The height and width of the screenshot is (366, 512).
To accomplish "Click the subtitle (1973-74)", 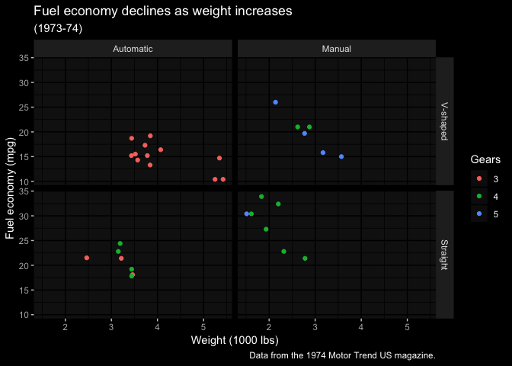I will pos(58,28).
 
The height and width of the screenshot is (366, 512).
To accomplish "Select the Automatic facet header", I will pos(133,49).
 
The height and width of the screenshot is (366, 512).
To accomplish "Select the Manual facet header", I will pos(336,49).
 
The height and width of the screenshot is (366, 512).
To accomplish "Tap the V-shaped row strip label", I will pos(444,121).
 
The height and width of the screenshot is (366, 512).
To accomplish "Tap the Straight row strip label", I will pos(444,255).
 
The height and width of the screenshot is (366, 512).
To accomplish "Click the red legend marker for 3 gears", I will pos(478,179).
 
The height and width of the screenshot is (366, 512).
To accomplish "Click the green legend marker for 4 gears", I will pos(478,197).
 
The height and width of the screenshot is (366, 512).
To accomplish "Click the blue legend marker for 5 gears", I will pos(478,214).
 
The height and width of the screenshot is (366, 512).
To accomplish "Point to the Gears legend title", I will pos(485,160).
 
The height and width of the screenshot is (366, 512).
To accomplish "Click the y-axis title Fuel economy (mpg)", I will pos(11,187).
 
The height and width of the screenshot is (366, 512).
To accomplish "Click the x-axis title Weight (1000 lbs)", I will pos(234,340).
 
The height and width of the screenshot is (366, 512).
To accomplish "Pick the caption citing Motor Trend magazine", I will pos(342,355).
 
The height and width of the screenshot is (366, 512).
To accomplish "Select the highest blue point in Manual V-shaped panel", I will pos(275,102).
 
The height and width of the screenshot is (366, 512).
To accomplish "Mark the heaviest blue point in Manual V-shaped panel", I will pos(341,156).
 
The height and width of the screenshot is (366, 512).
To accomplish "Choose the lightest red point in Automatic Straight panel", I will pos(87,258).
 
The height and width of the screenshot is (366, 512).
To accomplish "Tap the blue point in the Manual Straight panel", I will pos(246,213).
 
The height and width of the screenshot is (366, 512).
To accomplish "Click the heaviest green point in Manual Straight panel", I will pos(305,258).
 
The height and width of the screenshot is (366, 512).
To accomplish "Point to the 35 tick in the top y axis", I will pos(25,58).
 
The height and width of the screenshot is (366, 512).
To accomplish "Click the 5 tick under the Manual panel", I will pos(407,326).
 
